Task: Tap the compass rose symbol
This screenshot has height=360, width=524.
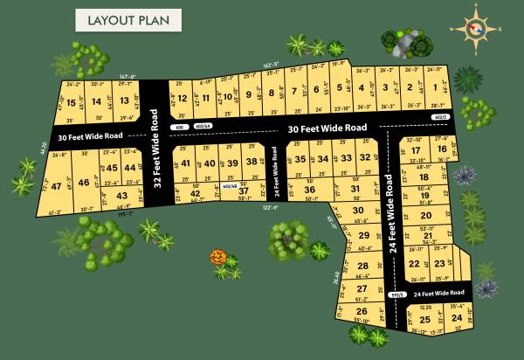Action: [x=475, y=29]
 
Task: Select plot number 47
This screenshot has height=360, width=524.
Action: [x=56, y=185]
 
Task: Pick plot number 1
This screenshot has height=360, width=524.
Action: [x=433, y=87]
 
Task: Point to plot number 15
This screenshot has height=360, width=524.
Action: [x=72, y=102]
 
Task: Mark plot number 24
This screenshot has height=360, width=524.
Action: [x=457, y=319]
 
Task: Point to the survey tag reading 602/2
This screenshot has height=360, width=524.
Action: [x=438, y=116]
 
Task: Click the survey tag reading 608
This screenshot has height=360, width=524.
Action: [x=181, y=127]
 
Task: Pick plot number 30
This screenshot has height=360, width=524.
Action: [x=357, y=211]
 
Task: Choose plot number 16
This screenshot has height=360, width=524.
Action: [x=442, y=149]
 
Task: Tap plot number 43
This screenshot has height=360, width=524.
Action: [x=122, y=196]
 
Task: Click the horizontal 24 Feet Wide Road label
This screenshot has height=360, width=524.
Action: [x=437, y=292]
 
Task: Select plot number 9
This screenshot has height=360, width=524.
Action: [x=249, y=94]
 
